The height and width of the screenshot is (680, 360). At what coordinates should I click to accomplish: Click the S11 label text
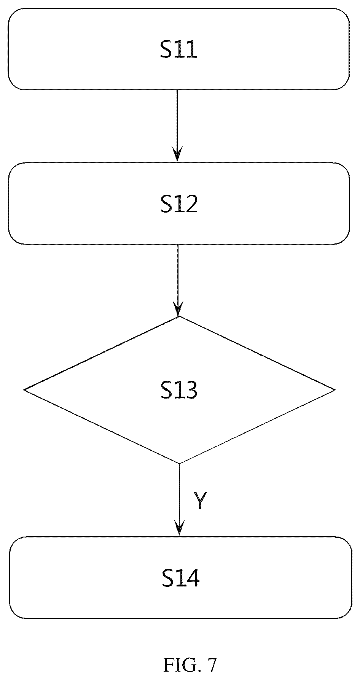(179, 50)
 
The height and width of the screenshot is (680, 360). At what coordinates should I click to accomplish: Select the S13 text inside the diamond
(179, 390)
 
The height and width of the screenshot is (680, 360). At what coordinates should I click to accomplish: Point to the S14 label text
(180, 578)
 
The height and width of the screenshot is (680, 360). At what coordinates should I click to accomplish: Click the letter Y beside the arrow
(200, 500)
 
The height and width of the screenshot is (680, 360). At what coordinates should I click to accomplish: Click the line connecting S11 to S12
(177, 125)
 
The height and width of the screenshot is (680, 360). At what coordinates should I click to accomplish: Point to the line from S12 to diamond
(178, 280)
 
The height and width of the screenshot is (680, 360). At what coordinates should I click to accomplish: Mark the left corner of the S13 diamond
(24, 389)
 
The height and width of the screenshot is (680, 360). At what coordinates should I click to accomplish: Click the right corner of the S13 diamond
(335, 390)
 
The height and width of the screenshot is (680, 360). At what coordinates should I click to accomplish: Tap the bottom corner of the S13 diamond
(179, 464)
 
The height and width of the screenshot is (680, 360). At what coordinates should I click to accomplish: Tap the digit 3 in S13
(191, 390)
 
